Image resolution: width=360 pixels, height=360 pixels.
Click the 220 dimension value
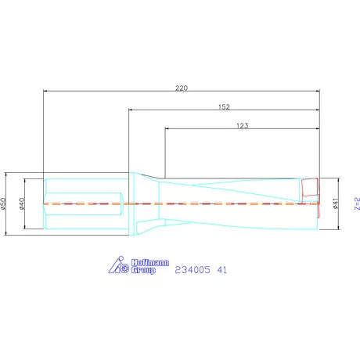(182, 88)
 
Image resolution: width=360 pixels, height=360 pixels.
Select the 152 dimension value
(225, 106)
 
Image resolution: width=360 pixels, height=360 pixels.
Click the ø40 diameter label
(23, 203)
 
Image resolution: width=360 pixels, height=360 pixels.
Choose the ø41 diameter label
(335, 203)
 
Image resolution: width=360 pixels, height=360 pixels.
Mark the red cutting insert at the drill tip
(310, 189)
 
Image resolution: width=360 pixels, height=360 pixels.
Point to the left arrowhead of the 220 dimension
(45, 92)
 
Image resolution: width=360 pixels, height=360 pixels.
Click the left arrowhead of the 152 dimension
(131, 111)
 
